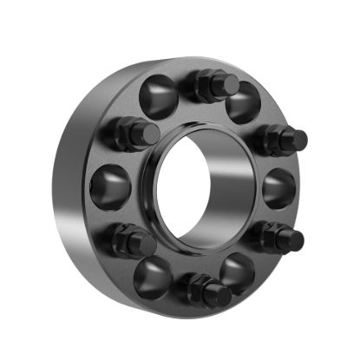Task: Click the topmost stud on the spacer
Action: (x=217, y=84)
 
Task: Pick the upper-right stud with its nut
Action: (x=283, y=139)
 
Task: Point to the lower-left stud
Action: (x=132, y=239)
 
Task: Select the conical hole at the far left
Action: (x=109, y=186)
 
